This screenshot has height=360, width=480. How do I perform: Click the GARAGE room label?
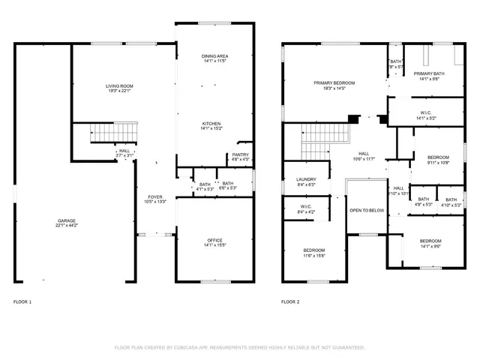click(66, 220)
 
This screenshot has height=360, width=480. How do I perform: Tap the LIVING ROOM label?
click(118, 87)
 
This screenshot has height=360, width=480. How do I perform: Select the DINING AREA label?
click(214, 57)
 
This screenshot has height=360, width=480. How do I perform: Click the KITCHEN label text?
click(211, 124)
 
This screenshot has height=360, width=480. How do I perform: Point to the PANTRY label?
click(240, 155)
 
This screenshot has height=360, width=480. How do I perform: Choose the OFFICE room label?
click(214, 240)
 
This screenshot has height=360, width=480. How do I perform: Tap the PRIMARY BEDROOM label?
click(334, 82)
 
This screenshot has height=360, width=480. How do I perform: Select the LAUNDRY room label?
click(306, 179)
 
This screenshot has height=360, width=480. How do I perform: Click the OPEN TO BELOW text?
click(366, 211)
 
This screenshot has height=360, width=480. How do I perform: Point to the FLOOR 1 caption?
click(22, 302)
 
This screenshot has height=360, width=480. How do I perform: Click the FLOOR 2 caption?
click(290, 302)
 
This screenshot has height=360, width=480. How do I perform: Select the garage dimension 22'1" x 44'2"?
click(66, 225)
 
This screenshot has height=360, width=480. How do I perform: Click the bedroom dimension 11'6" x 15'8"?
click(313, 255)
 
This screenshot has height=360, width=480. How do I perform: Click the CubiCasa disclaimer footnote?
click(240, 347)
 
